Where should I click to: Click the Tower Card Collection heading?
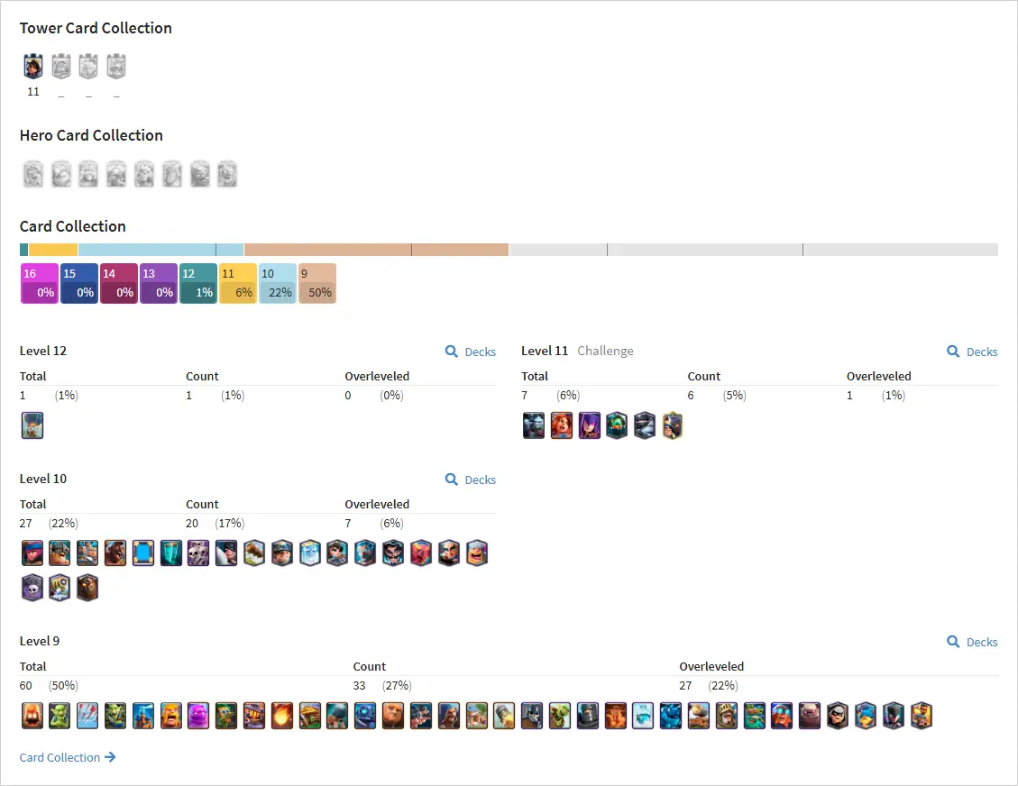pyautogui.click(x=96, y=28)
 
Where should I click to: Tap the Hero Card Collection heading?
pyautogui.click(x=91, y=135)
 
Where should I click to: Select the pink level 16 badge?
pyautogui.click(x=40, y=283)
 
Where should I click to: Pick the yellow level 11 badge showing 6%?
pyautogui.click(x=238, y=283)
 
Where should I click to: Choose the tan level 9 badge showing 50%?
pyautogui.click(x=317, y=283)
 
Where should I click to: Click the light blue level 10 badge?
pyautogui.click(x=278, y=283)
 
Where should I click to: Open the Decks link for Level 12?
pyautogui.click(x=471, y=352)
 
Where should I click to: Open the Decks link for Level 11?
pyautogui.click(x=973, y=352)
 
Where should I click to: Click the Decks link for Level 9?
pyautogui.click(x=973, y=642)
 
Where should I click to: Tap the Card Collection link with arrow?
pyautogui.click(x=68, y=757)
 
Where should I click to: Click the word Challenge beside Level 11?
pyautogui.click(x=605, y=352)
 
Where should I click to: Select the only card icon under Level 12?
pyautogui.click(x=32, y=425)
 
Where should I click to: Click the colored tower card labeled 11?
pyautogui.click(x=33, y=66)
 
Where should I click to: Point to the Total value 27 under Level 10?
pyautogui.click(x=26, y=523)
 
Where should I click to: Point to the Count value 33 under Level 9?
pyautogui.click(x=359, y=685)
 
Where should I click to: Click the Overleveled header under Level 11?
pyautogui.click(x=878, y=377)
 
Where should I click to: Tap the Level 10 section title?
pyautogui.click(x=43, y=479)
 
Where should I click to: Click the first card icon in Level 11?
pyautogui.click(x=534, y=425)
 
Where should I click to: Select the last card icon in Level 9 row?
pyautogui.click(x=922, y=716)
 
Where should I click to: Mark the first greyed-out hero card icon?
pyautogui.click(x=33, y=174)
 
